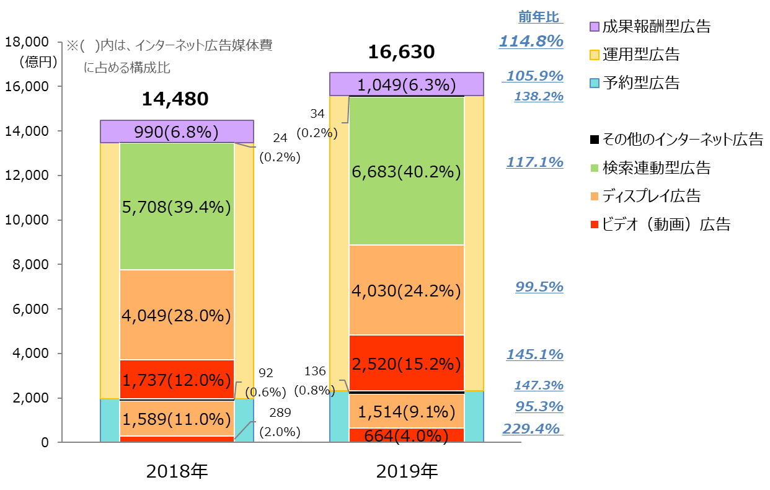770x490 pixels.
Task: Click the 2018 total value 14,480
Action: coord(175,99)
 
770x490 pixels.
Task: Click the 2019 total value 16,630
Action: coord(401,52)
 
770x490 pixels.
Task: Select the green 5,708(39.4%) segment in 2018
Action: coord(177,207)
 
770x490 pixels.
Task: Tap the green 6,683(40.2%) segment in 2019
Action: coord(406,171)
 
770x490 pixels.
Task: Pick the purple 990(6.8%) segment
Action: coord(177,131)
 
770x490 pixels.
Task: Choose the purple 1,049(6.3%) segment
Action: coord(406,84)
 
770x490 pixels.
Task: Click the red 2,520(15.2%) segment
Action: coord(406,363)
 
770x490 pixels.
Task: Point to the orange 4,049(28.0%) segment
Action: coord(177,315)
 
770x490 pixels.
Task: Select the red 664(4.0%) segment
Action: coord(406,435)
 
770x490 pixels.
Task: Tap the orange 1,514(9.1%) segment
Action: coord(406,411)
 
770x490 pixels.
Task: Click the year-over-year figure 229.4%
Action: coord(531,429)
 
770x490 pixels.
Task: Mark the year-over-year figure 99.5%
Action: coord(539,287)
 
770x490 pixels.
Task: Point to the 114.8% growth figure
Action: coord(531,42)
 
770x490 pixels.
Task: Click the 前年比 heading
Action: coord(539,17)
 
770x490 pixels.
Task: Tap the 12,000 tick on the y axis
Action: coord(27,176)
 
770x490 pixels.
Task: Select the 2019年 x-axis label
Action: coord(407,471)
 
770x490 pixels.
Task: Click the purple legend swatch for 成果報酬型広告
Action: coord(595,27)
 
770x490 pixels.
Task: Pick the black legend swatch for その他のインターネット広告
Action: coord(595,140)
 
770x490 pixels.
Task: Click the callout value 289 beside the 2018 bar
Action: coord(280,412)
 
